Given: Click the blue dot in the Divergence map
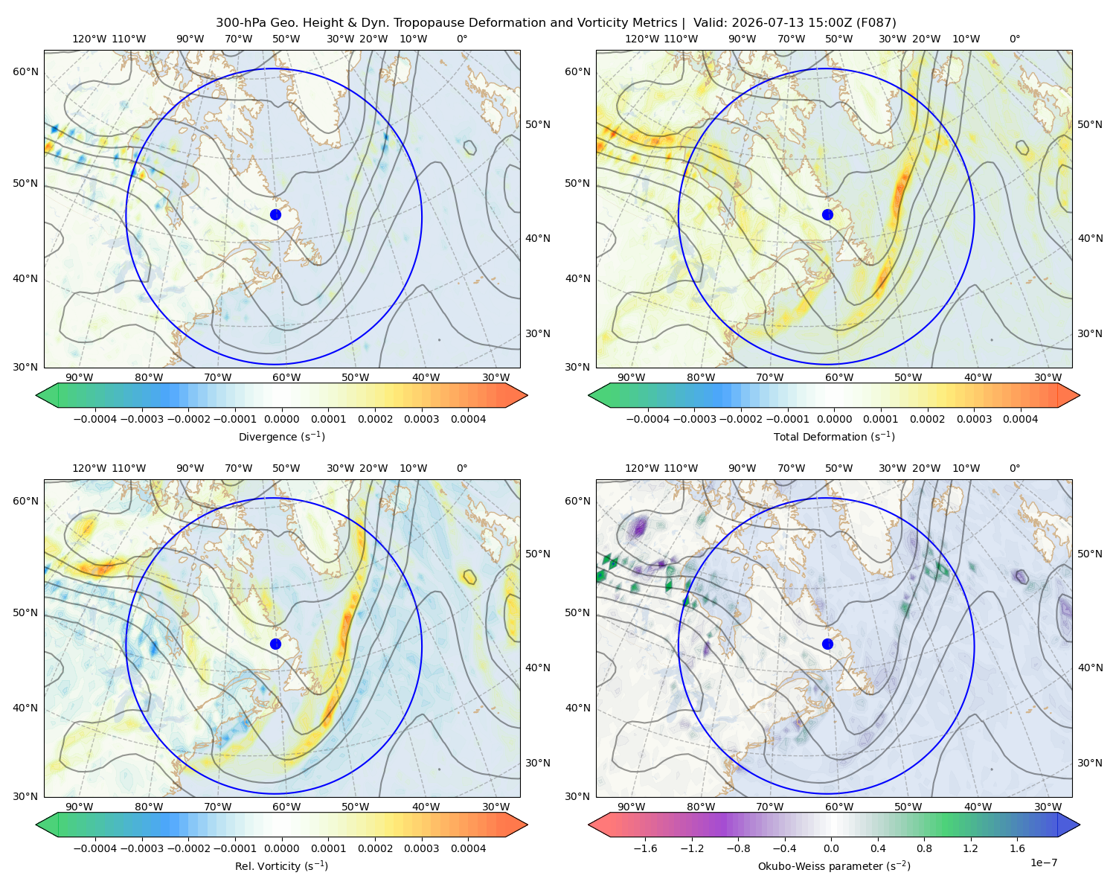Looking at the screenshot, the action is pos(275,214).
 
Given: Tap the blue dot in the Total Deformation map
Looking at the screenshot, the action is pos(827,214).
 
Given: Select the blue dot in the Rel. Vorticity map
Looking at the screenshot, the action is pos(275,644).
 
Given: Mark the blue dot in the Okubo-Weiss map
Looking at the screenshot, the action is pos(827,644).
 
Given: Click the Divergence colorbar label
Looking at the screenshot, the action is pos(281,436).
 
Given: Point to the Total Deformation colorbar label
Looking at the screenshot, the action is pos(834,436).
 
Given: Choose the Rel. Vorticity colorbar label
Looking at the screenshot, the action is pos(281,865).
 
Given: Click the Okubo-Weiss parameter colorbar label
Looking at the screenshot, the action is pos(834,865).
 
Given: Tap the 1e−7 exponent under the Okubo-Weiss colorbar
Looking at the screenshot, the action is pos(1043,862).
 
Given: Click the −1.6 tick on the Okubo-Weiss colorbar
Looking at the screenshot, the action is pos(645,848).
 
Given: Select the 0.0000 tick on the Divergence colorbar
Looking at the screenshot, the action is pos(281,419).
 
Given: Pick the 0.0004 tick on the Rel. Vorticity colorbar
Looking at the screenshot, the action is pos(468,848).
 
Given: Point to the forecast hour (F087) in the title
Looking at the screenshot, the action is pos(876,23).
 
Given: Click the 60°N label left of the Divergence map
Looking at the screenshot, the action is pos(25,71).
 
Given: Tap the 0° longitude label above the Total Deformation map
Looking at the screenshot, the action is pos(1014,39).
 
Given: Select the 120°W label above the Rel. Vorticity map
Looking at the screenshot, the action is pos(89,467).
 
